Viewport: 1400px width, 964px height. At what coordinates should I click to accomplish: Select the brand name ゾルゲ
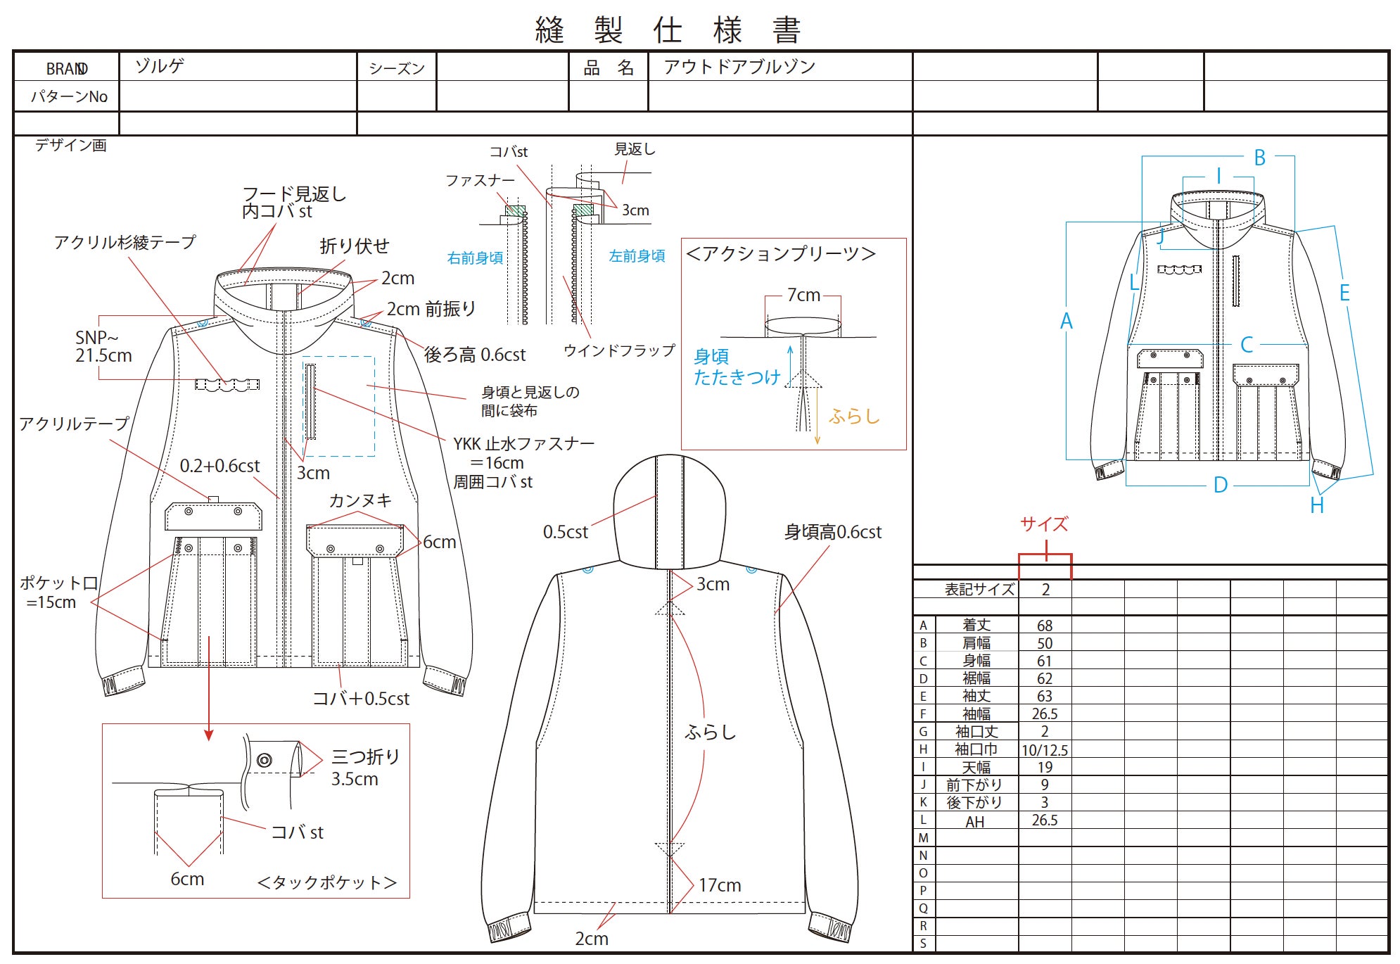pyautogui.click(x=160, y=66)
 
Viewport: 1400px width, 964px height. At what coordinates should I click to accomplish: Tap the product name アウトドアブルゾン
pyautogui.click(x=739, y=67)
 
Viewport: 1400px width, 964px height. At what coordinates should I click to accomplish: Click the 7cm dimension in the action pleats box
pyautogui.click(x=803, y=295)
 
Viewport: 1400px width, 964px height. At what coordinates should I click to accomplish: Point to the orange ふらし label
pyautogui.click(x=854, y=417)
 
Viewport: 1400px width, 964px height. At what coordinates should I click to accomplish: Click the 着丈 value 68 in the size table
pyautogui.click(x=1045, y=626)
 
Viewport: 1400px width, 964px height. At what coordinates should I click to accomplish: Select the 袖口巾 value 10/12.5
pyautogui.click(x=1045, y=750)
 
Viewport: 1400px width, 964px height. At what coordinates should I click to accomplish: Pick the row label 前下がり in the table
pyautogui.click(x=974, y=785)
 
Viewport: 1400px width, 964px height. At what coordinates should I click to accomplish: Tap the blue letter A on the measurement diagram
pyautogui.click(x=1067, y=322)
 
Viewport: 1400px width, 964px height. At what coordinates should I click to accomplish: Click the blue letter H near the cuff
pyautogui.click(x=1317, y=505)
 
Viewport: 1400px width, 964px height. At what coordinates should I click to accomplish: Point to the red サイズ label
pyautogui.click(x=1045, y=524)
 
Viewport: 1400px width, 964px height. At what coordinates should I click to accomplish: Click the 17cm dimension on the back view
pyautogui.click(x=720, y=885)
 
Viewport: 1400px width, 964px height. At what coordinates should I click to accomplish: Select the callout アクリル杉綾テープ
pyautogui.click(x=125, y=243)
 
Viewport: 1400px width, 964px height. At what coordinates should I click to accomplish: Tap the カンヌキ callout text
pyautogui.click(x=360, y=500)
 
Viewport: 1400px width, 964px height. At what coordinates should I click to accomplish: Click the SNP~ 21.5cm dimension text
pyautogui.click(x=103, y=347)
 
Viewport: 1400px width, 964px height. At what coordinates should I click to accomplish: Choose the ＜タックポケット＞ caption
pyautogui.click(x=326, y=882)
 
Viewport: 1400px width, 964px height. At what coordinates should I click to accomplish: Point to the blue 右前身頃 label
pyautogui.click(x=475, y=258)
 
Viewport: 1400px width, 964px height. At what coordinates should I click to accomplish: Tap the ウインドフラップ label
pyautogui.click(x=619, y=350)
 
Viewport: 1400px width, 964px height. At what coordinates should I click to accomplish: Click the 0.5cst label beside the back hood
pyautogui.click(x=565, y=532)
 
